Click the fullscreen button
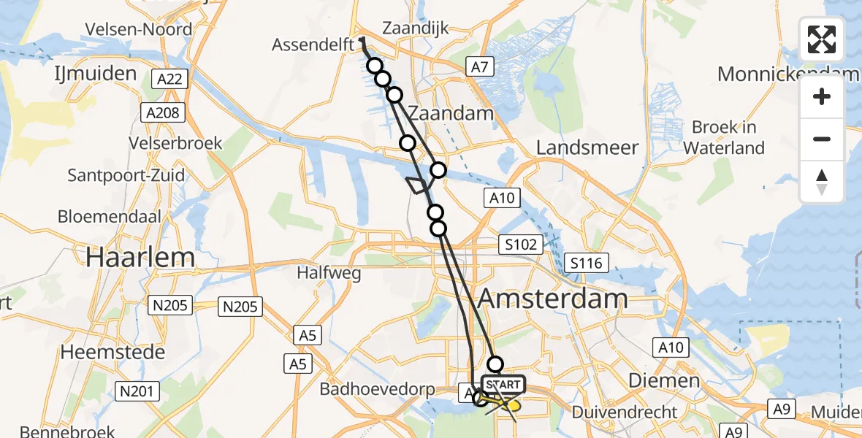click(x=822, y=39)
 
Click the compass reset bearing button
click(x=822, y=182)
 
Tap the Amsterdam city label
click(x=553, y=299)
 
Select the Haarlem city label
click(x=140, y=257)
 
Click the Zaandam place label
click(x=451, y=113)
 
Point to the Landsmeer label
click(x=587, y=147)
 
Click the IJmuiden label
click(x=95, y=73)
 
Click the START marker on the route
click(x=503, y=385)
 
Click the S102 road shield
click(x=521, y=244)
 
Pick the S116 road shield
click(x=587, y=262)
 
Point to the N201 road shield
click(x=137, y=392)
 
